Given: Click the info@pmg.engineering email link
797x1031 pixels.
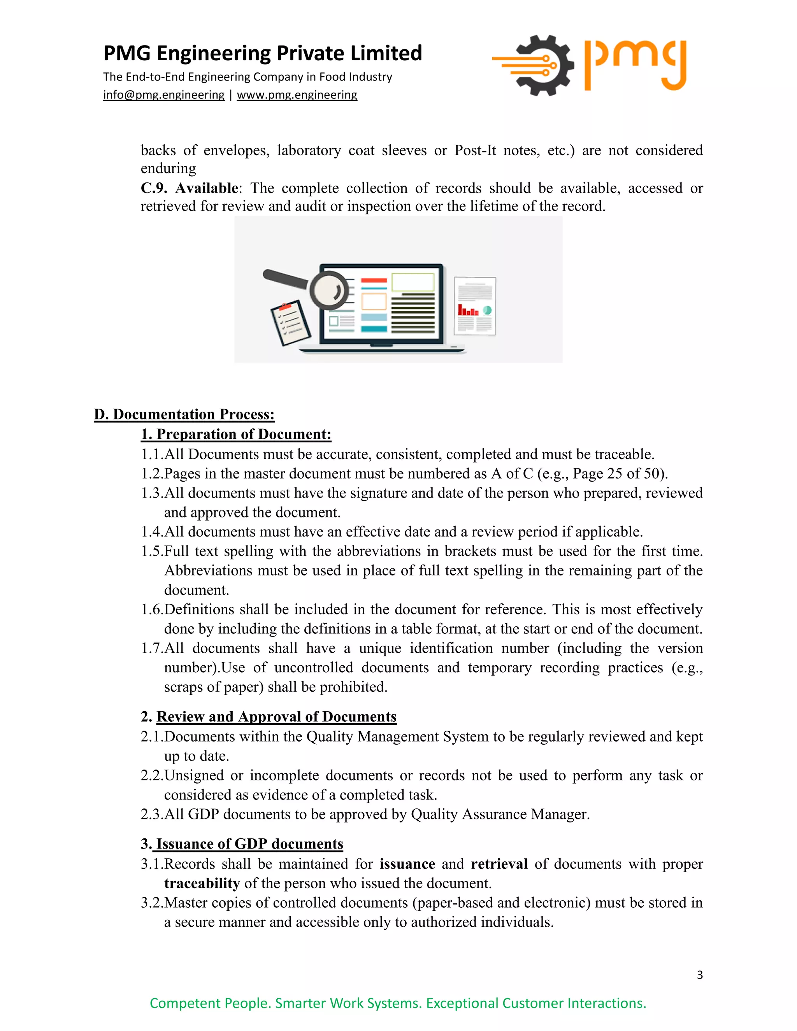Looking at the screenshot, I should [x=163, y=95].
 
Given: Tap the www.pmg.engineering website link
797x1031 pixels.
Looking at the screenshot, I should [x=297, y=95].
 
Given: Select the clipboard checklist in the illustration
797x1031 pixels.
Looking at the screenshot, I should [x=290, y=323].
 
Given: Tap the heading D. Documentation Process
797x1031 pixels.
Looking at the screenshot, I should [x=184, y=414].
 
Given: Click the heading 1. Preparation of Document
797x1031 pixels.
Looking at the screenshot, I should [x=236, y=434].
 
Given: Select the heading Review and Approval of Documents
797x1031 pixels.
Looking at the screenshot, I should [x=276, y=717].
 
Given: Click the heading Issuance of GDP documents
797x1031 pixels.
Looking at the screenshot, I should [x=249, y=843].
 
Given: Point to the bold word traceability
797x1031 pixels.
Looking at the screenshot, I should [x=202, y=883].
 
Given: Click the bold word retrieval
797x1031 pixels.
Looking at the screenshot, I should [x=499, y=864].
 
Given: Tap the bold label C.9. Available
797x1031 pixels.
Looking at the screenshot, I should [x=190, y=188].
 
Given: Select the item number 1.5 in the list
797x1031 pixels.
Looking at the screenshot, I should [x=152, y=551].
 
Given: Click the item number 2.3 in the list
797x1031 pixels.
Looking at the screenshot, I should [x=152, y=814].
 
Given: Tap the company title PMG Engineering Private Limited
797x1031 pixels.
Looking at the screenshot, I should [x=263, y=53].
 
